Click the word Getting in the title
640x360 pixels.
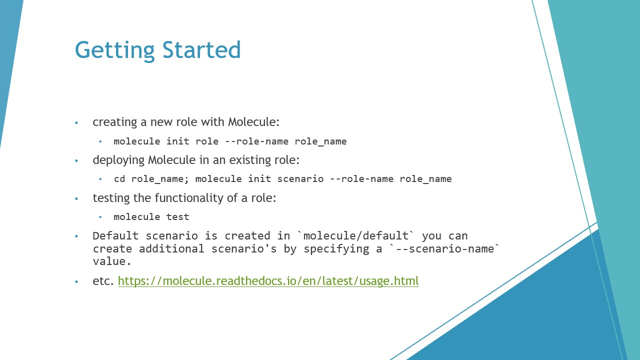[x=114, y=51]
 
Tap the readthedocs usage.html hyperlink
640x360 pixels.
[x=268, y=281]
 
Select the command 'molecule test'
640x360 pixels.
[x=151, y=217]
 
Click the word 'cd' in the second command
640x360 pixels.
[x=119, y=179]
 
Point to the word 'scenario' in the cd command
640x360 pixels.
[x=300, y=179]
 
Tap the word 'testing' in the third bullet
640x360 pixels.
[x=111, y=198]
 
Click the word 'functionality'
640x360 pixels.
[x=189, y=198]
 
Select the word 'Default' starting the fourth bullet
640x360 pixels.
[x=115, y=236]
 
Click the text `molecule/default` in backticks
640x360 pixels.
[x=355, y=236]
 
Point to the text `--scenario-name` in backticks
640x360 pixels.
[x=444, y=248]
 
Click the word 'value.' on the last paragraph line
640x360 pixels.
[x=111, y=261]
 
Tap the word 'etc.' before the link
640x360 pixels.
[x=103, y=281]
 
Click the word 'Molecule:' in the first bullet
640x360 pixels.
[x=253, y=122]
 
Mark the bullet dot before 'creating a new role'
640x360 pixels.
[x=76, y=123]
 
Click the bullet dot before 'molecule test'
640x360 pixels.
[x=100, y=217]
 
